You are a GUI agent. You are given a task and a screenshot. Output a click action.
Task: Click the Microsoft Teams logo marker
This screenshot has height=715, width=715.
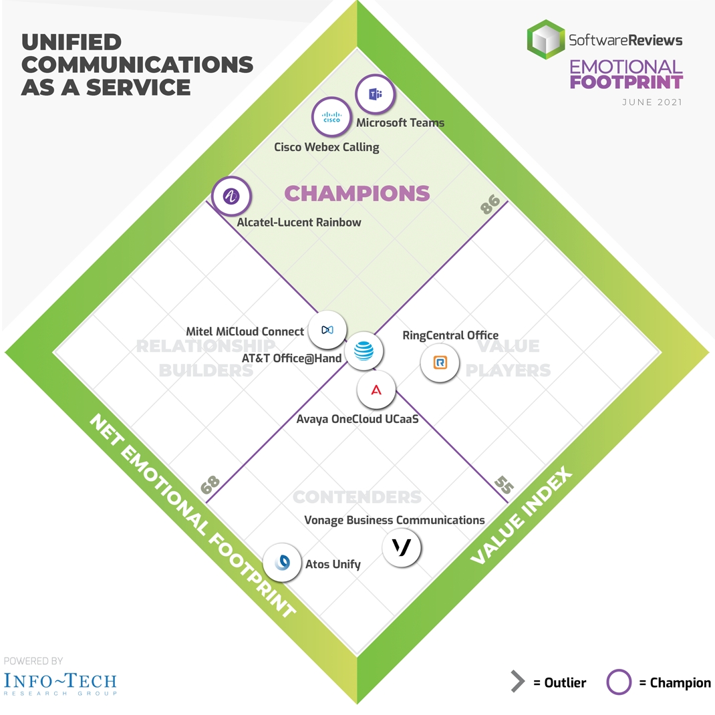click(x=375, y=94)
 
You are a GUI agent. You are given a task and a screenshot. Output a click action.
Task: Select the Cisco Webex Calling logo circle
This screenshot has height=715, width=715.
click(x=331, y=118)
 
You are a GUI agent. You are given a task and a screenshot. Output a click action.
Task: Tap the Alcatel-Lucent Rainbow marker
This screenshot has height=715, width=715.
click(x=231, y=196)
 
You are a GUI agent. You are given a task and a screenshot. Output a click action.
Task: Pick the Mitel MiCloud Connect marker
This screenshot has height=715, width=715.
click(x=327, y=329)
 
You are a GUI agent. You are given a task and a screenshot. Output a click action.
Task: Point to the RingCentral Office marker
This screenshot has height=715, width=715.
click(x=440, y=363)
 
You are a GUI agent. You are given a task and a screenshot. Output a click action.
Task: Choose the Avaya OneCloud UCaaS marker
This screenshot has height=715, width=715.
click(x=376, y=390)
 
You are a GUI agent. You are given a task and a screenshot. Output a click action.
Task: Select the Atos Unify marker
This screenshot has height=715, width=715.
click(x=283, y=562)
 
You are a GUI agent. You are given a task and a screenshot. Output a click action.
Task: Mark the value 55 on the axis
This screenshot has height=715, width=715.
click(x=504, y=486)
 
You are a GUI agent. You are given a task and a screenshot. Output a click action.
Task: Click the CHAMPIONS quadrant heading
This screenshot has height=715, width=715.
click(x=357, y=193)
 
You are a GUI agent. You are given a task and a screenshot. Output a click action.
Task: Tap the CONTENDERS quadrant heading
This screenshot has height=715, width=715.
click(x=357, y=497)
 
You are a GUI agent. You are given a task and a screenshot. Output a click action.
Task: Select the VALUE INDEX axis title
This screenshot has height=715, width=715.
click(x=521, y=517)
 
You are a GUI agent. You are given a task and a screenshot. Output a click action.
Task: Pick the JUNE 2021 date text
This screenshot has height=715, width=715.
click(x=652, y=102)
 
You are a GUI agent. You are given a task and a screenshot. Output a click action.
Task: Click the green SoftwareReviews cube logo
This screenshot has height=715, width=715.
click(x=546, y=39)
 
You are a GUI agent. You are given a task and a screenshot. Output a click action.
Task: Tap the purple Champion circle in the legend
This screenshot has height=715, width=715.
click(x=619, y=682)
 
